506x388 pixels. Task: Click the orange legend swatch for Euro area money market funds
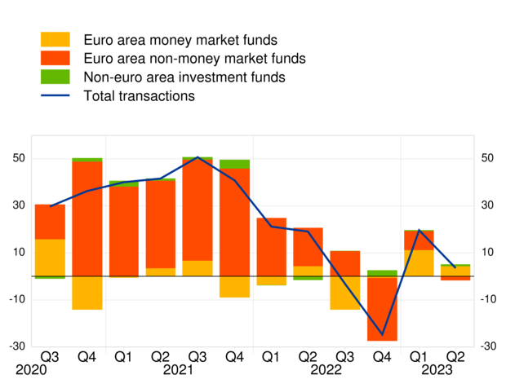(55, 40)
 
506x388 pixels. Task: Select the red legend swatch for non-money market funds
(55, 59)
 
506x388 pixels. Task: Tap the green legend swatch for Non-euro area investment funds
(55, 77)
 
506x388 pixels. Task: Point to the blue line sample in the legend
(55, 96)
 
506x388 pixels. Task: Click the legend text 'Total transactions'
(139, 96)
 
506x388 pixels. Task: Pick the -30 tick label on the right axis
(486, 346)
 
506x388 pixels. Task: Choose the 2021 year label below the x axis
(198, 371)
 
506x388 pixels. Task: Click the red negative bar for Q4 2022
(382, 309)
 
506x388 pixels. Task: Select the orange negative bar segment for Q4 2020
(87, 293)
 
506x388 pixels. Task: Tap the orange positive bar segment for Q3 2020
(50, 258)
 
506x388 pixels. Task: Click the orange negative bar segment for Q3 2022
(345, 293)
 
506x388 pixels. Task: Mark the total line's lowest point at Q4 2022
(382, 334)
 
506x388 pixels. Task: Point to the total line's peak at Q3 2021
(198, 157)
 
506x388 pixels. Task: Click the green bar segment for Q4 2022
(382, 273)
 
